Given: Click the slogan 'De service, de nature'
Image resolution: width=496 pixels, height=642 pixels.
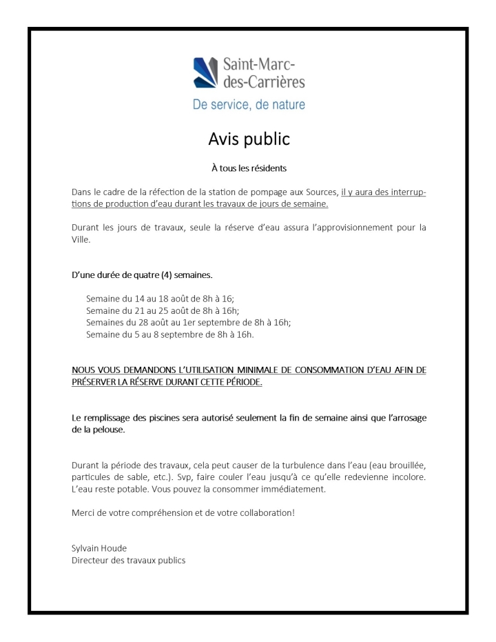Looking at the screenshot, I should [248, 106].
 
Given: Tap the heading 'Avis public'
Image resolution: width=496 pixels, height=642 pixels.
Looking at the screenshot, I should [249, 139].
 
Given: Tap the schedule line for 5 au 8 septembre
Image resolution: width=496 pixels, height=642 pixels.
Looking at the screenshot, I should [170, 335].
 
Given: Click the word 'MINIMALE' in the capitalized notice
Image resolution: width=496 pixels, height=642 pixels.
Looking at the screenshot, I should [245, 370].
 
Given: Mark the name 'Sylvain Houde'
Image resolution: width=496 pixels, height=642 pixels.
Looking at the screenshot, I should [99, 548].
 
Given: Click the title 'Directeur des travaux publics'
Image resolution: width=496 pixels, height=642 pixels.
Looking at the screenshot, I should [129, 560].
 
